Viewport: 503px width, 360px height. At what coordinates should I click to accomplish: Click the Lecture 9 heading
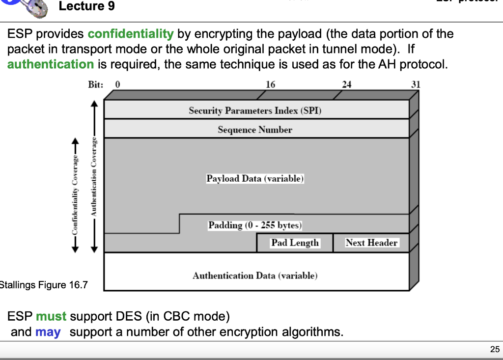pyautogui.click(x=86, y=7)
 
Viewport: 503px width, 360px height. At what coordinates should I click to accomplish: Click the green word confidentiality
pyautogui.click(x=130, y=34)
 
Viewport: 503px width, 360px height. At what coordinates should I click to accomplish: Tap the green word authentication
pyautogui.click(x=50, y=64)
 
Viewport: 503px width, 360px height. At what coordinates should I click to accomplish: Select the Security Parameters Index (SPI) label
pyautogui.click(x=255, y=111)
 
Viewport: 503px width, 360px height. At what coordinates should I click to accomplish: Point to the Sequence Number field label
pyautogui.click(x=255, y=130)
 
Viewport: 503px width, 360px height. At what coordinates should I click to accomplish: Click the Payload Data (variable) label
pyautogui.click(x=255, y=178)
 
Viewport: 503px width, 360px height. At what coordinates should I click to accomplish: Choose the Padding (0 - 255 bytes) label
pyautogui.click(x=255, y=225)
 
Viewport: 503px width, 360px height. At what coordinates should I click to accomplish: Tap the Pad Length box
pyautogui.click(x=295, y=243)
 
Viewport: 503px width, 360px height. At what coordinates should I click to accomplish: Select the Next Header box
pyautogui.click(x=371, y=243)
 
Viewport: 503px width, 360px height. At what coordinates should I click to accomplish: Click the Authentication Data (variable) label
pyautogui.click(x=255, y=276)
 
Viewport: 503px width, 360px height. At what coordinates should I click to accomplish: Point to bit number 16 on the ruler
pyautogui.click(x=270, y=84)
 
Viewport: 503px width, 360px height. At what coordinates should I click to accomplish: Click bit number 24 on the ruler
pyautogui.click(x=346, y=84)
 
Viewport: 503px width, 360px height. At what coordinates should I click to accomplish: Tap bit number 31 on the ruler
pyautogui.click(x=416, y=84)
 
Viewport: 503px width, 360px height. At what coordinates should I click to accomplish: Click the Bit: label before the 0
pyautogui.click(x=95, y=84)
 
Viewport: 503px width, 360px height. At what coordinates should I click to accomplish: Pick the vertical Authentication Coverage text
pyautogui.click(x=93, y=177)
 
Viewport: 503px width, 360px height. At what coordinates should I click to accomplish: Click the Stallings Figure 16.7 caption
pyautogui.click(x=43, y=285)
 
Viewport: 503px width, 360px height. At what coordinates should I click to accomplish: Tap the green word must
pyautogui.click(x=51, y=316)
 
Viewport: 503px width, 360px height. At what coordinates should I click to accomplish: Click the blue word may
pyautogui.click(x=48, y=332)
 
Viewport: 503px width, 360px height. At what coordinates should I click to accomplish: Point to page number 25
pyautogui.click(x=494, y=349)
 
